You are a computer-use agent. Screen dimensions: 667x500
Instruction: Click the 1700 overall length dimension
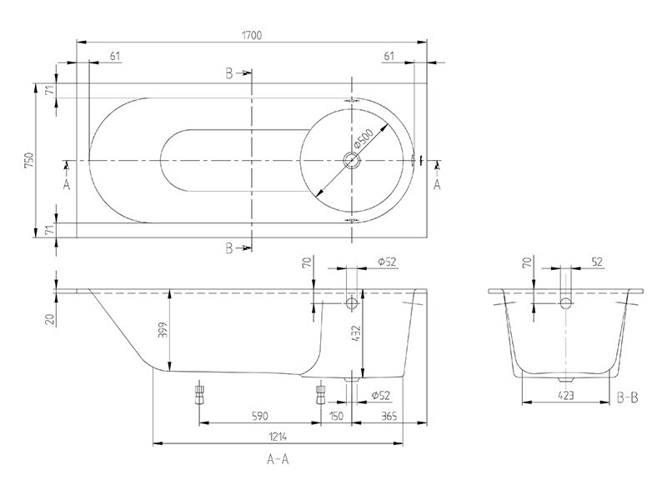point(252,35)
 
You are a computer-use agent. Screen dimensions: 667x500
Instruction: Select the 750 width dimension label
point(29,160)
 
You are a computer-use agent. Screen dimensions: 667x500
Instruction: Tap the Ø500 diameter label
point(363,138)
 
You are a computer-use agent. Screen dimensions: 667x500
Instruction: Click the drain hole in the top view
point(352,160)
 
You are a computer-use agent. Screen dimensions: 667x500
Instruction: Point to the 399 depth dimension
point(163,330)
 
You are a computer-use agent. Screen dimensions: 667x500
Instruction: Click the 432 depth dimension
point(356,334)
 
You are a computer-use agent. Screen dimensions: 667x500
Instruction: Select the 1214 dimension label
point(278,436)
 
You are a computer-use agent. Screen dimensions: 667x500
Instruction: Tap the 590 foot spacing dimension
point(259,416)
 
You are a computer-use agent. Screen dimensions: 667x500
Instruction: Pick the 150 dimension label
point(336,416)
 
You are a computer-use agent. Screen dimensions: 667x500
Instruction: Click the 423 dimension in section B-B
point(565,395)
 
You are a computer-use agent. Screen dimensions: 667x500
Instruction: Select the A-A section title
point(278,459)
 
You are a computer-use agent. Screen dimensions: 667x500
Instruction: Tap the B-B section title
point(628,397)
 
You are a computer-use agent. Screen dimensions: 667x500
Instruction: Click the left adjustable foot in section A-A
point(198,394)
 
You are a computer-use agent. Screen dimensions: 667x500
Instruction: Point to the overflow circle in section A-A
point(351,302)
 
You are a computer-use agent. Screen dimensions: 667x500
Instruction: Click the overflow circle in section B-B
point(566,302)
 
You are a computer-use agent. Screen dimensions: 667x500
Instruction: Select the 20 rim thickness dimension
point(51,319)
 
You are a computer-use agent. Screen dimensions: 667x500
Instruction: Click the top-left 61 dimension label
point(115,56)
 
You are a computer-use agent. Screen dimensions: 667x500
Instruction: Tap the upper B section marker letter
point(229,74)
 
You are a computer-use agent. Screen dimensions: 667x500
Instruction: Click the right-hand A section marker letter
point(437,185)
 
